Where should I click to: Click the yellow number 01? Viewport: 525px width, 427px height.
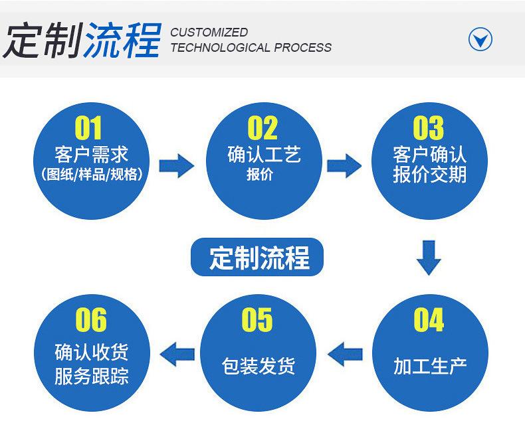coord(90,128)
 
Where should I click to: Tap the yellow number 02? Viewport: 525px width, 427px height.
coord(262,128)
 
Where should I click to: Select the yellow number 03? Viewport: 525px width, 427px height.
coord(429,128)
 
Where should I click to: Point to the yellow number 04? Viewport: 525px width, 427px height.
coord(429,321)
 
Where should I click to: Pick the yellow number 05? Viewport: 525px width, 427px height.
coord(257,321)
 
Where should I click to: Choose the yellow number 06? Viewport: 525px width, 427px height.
coord(91,321)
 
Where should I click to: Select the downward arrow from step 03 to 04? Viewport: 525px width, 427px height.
coord(429,258)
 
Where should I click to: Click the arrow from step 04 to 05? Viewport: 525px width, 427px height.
coord(346,354)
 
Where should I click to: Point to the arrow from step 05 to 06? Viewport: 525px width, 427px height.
coord(178,354)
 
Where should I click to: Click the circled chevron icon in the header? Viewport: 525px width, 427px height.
coord(480,39)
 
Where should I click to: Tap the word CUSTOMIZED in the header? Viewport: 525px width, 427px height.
coord(209,32)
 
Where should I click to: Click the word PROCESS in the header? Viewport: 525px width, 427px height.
coord(302,48)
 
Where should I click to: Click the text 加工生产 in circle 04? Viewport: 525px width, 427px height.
coord(429,366)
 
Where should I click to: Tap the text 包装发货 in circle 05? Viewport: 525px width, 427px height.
coord(258,366)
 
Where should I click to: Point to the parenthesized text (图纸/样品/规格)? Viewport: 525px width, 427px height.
coord(91,176)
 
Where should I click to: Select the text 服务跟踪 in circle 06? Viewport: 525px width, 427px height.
coord(91,377)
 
